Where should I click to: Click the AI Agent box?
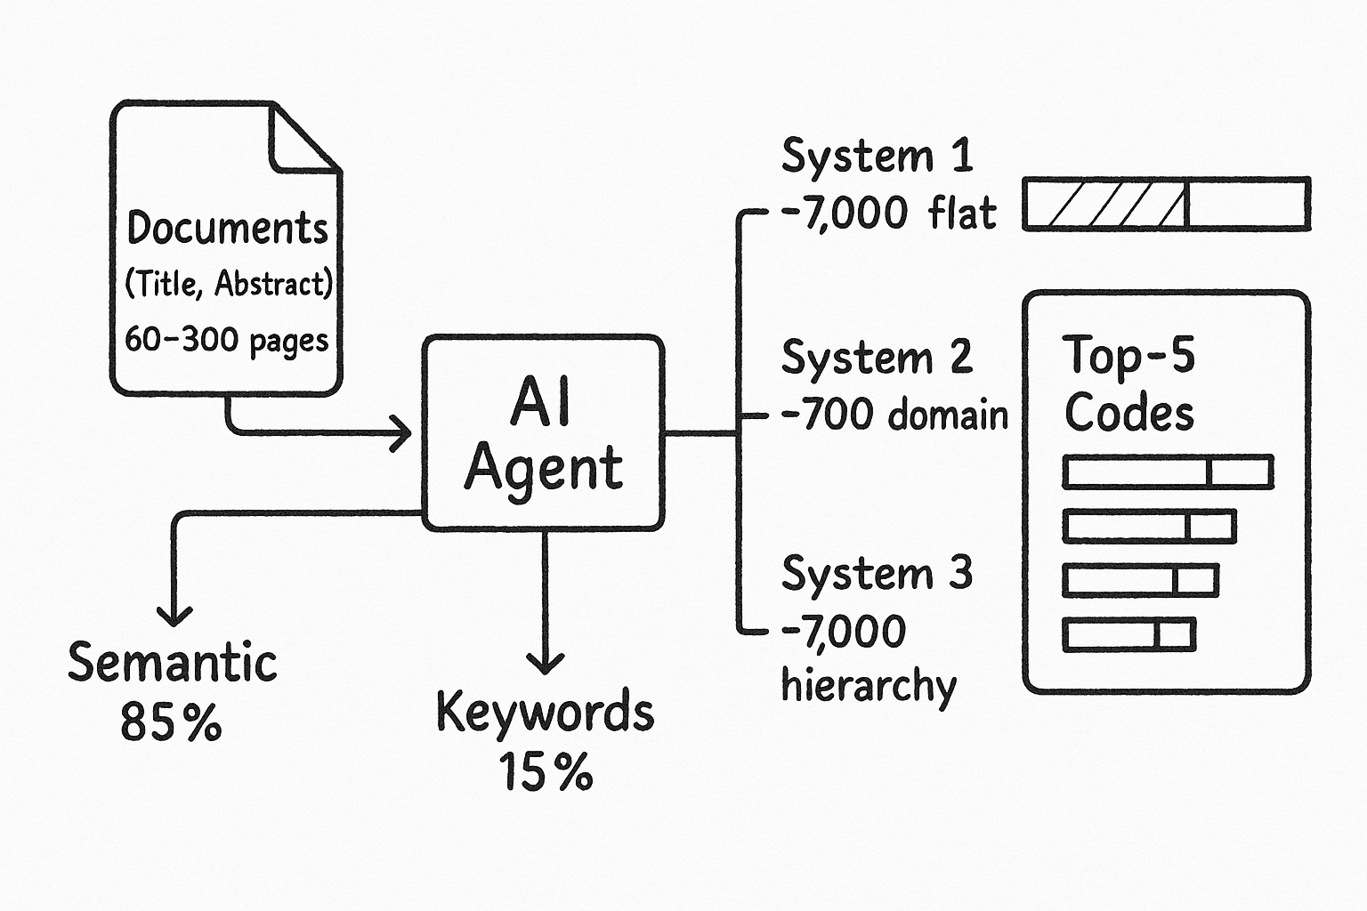coord(544,433)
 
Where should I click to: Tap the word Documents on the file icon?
coord(228,228)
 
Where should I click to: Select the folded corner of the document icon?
coord(301,141)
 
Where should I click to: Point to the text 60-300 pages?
coord(226,340)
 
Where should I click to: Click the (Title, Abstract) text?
coord(228,284)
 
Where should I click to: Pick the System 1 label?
coord(877,157)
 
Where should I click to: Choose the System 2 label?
coord(877,358)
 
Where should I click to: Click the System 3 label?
coord(877,573)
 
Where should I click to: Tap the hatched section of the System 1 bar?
coord(1105,205)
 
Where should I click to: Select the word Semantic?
coord(173,663)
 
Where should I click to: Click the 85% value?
coord(171,722)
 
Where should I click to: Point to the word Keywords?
coord(545,713)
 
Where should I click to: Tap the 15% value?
coord(545,771)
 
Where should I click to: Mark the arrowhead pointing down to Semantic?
coord(174,614)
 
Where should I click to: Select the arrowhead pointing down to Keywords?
coord(545,661)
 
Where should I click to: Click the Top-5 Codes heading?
coord(1128,384)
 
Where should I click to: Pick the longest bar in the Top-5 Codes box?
coord(1168,472)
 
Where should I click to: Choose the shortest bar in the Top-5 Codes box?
coord(1128,635)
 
